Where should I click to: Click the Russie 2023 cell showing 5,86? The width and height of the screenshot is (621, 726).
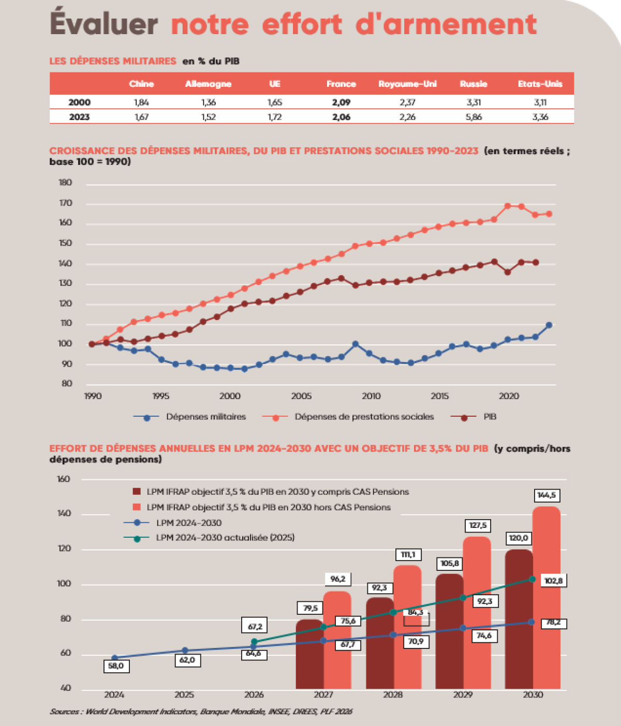474,117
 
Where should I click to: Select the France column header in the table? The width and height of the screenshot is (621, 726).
341,84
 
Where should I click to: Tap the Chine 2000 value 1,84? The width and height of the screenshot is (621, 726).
141,102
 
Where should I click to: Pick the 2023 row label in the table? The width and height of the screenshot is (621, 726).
79,117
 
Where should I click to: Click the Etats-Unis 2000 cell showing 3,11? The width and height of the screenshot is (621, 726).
540,102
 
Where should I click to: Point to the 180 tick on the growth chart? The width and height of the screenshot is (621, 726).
66,183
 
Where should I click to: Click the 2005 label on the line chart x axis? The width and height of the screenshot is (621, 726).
301,396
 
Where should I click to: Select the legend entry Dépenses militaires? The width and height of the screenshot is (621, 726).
205,417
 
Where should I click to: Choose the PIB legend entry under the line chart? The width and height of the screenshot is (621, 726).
490,417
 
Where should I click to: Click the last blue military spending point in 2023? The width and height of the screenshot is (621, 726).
549,325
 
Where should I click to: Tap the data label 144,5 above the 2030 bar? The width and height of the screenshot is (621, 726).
546,495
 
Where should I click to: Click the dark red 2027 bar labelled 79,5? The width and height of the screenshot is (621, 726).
309,654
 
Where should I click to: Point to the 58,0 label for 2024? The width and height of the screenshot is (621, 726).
115,666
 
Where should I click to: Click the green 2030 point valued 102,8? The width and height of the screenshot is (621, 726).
533,579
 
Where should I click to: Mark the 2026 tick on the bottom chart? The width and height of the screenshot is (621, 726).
254,694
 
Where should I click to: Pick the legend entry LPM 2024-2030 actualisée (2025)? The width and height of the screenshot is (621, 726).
225,538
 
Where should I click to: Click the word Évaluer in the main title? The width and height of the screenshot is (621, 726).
103,24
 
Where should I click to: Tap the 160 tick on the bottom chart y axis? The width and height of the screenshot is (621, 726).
64,479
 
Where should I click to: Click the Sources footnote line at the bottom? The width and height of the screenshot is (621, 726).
201,712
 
